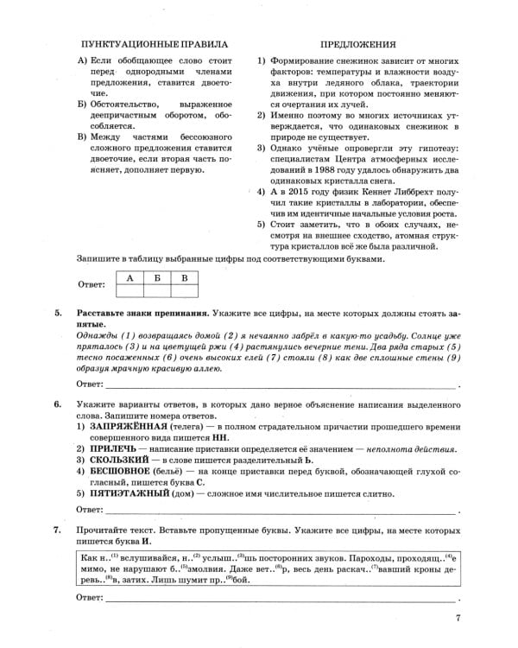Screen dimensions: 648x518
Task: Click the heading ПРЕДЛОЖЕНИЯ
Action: pyautogui.click(x=358, y=43)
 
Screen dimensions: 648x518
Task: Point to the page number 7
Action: pyautogui.click(x=458, y=617)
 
